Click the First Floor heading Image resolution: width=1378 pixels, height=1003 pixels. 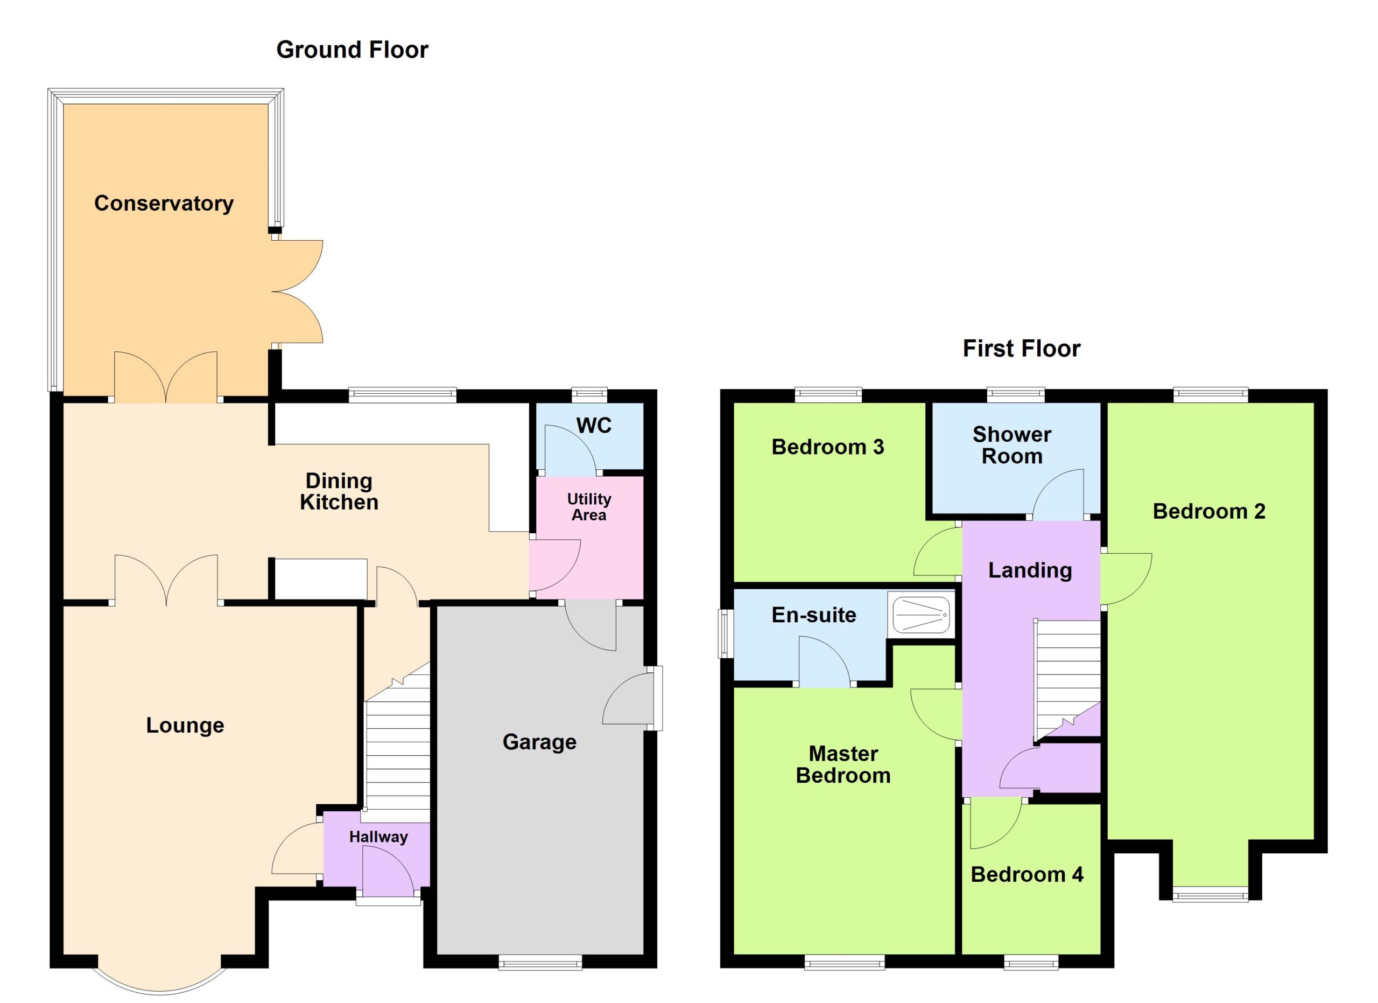(x=1021, y=349)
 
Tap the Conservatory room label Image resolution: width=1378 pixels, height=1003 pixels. (x=164, y=203)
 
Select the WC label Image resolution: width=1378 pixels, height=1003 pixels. (x=594, y=426)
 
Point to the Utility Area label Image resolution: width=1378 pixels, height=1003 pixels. (x=589, y=507)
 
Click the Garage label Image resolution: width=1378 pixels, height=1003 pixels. (x=539, y=742)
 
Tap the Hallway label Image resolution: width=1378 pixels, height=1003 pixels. (x=378, y=837)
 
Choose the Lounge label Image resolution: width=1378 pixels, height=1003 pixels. (x=185, y=725)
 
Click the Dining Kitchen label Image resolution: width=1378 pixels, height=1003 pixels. (x=339, y=491)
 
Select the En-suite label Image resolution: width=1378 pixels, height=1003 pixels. (x=814, y=615)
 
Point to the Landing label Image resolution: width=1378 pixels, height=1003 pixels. (x=1030, y=570)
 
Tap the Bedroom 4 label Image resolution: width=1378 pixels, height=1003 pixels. (x=1027, y=874)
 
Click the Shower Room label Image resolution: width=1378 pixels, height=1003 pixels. (x=1011, y=445)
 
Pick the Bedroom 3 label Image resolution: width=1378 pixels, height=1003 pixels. (x=827, y=447)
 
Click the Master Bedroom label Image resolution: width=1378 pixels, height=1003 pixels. (x=843, y=765)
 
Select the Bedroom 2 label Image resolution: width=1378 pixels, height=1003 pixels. (x=1209, y=511)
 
